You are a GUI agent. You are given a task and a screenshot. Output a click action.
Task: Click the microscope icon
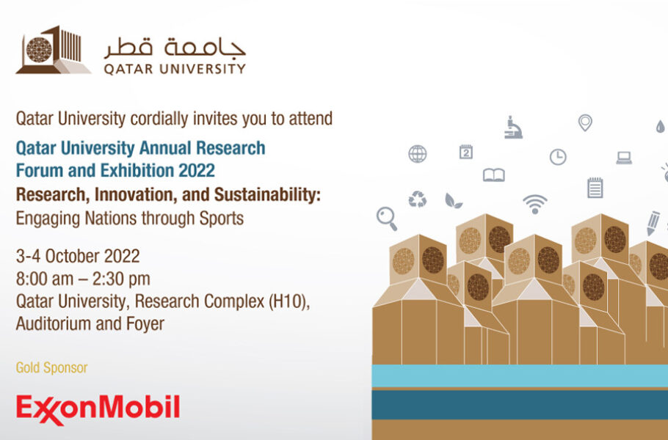[514, 127]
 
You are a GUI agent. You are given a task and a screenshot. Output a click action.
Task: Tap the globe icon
[417, 153]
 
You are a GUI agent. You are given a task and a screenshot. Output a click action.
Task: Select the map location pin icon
[585, 123]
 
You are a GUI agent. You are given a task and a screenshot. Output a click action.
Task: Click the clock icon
[558, 157]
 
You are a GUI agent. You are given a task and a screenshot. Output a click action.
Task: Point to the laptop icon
[624, 157]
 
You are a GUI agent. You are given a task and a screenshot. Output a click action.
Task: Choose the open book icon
[494, 175]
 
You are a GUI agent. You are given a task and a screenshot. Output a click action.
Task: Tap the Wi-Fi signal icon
[534, 202]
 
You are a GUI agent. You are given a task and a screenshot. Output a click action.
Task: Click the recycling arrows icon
[418, 199]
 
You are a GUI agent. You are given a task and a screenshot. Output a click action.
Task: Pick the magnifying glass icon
[386, 218]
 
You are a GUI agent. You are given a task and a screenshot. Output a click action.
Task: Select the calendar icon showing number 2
[465, 152]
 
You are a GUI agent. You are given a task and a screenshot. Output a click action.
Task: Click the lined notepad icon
[595, 188]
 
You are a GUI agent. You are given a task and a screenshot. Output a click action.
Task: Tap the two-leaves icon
[454, 200]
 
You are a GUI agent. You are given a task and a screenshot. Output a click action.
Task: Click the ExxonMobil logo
[98, 408]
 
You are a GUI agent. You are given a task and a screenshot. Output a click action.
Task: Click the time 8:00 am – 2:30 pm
[83, 279]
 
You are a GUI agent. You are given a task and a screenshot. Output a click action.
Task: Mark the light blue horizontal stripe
[520, 376]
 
